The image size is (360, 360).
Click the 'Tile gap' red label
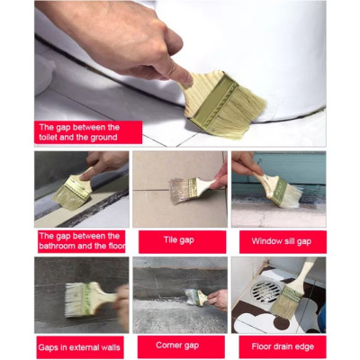point(180,241)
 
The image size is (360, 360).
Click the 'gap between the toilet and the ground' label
point(87,132)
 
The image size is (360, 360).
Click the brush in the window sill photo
point(278,186)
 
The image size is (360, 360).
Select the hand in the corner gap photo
point(217,299)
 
